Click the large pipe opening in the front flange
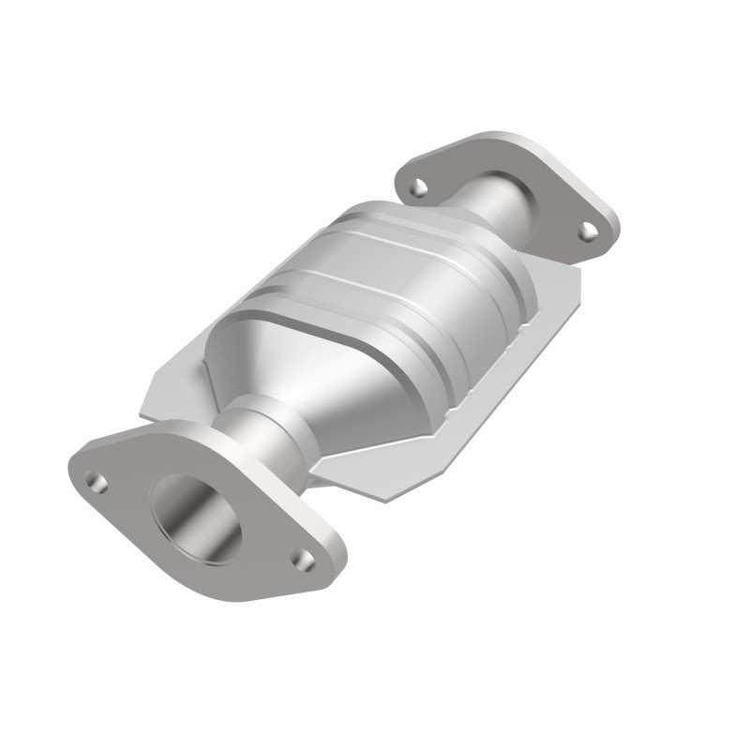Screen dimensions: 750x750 click(x=200, y=517)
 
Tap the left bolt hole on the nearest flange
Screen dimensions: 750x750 click(x=94, y=481)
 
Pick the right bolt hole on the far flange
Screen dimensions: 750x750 click(x=586, y=228)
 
